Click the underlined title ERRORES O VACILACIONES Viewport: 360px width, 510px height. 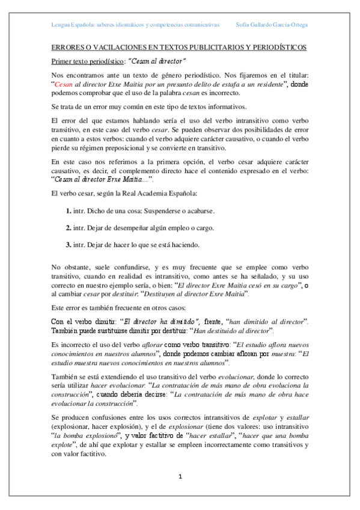pyautogui.click(x=178, y=47)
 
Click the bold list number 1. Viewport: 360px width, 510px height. pyautogui.click(x=69, y=212)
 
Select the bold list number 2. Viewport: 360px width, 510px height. pyautogui.click(x=69, y=229)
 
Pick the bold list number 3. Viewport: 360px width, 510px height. pyautogui.click(x=69, y=245)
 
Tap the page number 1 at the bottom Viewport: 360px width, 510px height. pyautogui.click(x=180, y=477)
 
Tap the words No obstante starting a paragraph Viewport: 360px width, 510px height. pyautogui.click(x=69, y=266)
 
